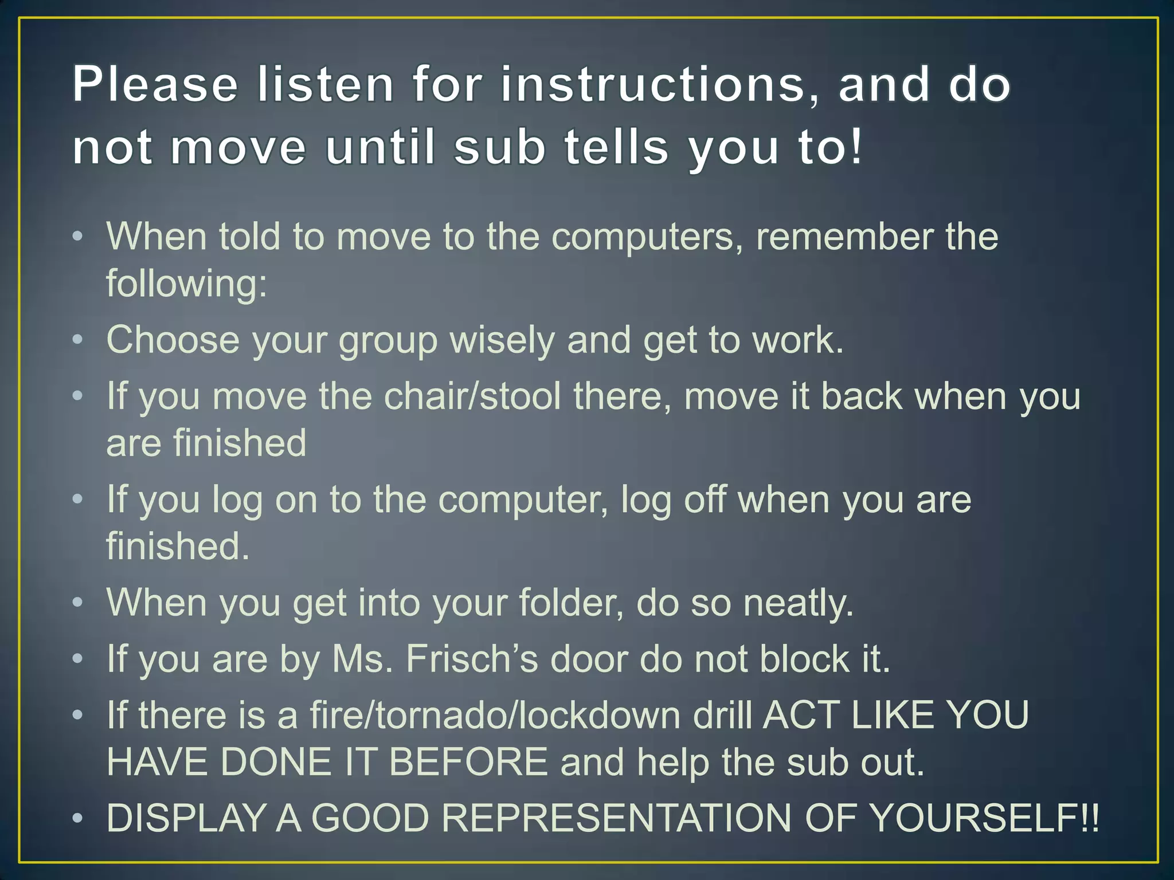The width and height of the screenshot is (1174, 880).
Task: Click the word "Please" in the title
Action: [155, 85]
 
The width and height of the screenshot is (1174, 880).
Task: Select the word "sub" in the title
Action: [499, 147]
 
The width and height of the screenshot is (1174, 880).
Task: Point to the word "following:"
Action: [187, 283]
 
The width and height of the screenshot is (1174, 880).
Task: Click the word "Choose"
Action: [173, 340]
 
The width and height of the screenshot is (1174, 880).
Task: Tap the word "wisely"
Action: [502, 340]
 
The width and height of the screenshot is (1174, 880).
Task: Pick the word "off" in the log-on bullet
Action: [703, 499]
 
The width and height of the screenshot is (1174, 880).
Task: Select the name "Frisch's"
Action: [472, 659]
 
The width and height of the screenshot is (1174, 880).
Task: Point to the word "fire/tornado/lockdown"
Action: [495, 716]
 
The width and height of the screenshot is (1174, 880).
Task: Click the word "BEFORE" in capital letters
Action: [468, 762]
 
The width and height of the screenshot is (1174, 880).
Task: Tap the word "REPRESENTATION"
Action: [616, 818]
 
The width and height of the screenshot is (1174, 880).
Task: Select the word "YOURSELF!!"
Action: [952, 818]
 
